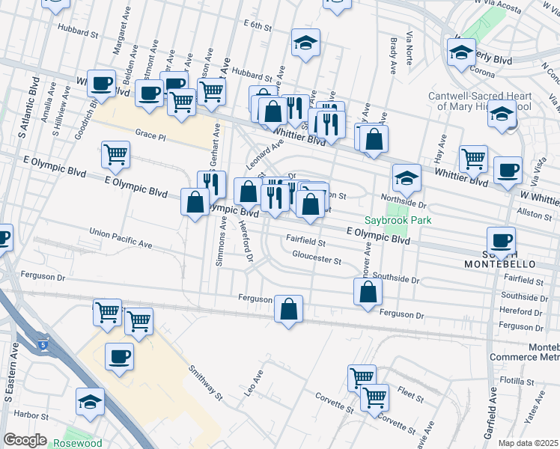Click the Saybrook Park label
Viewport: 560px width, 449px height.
tap(389, 221)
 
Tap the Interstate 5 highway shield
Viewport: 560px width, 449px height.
tap(43, 343)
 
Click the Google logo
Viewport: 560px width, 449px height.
tap(25, 439)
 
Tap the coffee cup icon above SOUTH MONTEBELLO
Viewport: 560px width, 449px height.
tap(499, 240)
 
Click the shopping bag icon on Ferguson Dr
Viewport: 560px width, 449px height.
tap(288, 308)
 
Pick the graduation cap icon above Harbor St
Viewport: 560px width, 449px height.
tap(91, 402)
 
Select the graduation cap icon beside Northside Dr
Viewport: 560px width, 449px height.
tap(405, 177)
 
